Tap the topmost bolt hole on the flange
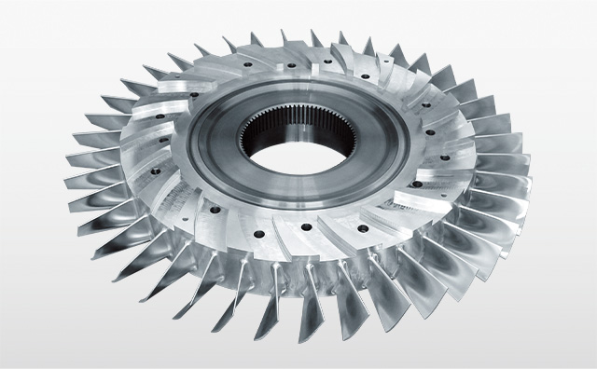tap(291, 66)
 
